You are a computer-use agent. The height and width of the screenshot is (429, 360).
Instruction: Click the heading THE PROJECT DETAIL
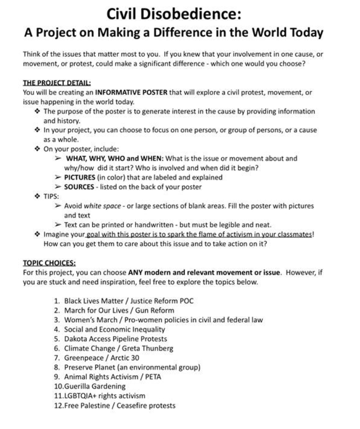point(57,83)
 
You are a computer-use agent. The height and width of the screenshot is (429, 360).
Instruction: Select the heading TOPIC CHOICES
point(49,262)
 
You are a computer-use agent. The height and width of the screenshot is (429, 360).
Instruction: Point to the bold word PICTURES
point(81,177)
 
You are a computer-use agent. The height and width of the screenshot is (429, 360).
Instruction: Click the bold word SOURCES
point(80,186)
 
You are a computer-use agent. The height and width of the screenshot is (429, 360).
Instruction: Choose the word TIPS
point(51,196)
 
